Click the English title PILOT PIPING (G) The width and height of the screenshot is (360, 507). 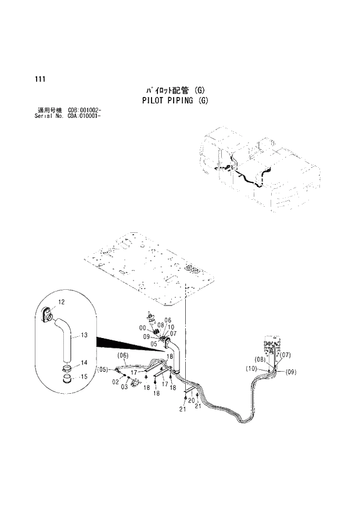click(x=175, y=100)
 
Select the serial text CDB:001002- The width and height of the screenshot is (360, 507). click(x=86, y=110)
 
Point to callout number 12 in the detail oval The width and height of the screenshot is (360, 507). click(x=62, y=302)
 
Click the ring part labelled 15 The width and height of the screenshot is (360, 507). click(x=68, y=380)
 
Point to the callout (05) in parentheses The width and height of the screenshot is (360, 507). click(x=102, y=369)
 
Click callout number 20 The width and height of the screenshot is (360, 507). click(x=192, y=400)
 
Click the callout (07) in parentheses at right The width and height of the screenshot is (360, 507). click(x=285, y=355)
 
